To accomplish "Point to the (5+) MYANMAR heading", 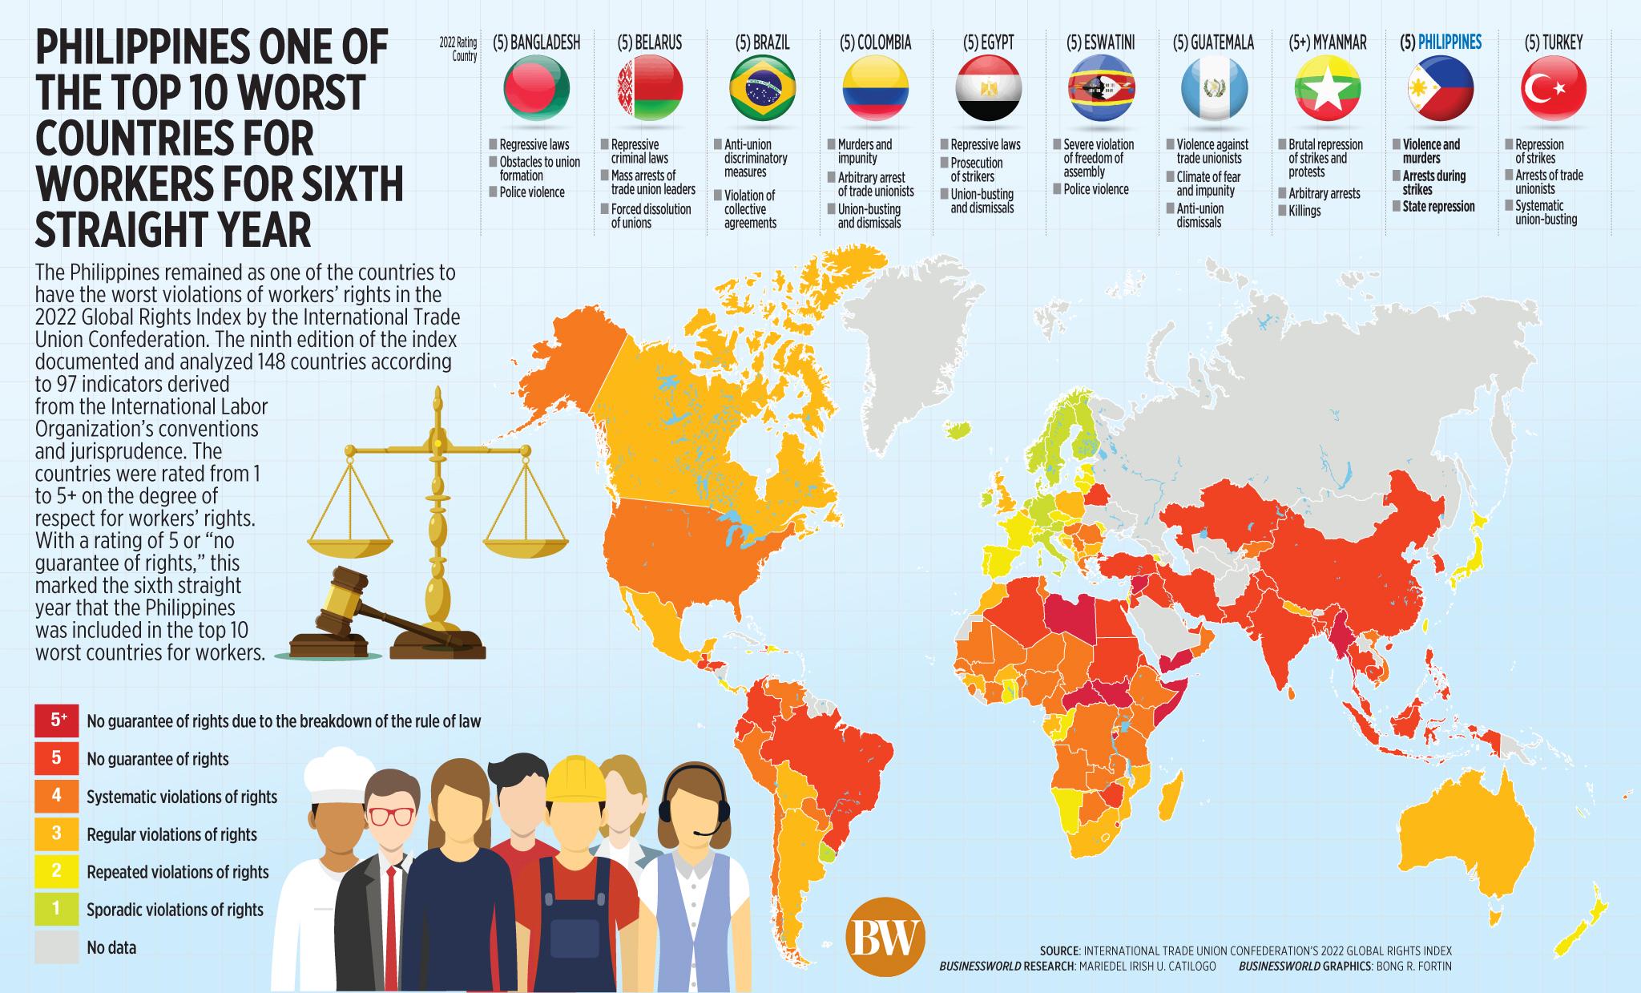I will (x=1328, y=42).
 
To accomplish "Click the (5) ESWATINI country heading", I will (x=1101, y=42).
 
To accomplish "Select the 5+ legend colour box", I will (x=56, y=720).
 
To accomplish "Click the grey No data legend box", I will (x=56, y=947).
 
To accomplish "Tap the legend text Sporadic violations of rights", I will (x=175, y=910).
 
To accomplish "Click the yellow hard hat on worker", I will (x=575, y=776).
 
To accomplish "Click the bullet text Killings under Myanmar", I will (x=1304, y=212).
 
